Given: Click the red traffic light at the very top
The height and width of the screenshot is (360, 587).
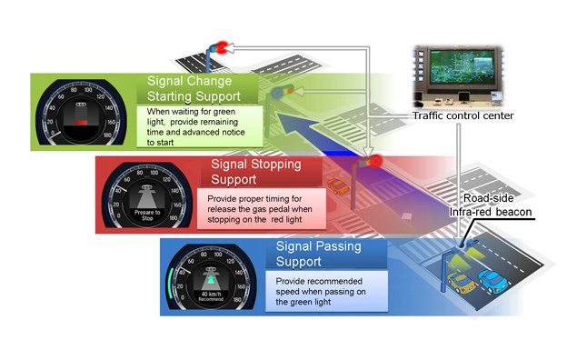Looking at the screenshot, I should point(221,45).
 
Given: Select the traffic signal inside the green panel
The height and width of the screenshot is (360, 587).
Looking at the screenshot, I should point(287,91).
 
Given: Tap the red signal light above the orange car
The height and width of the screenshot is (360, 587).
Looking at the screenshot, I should point(373,161).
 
